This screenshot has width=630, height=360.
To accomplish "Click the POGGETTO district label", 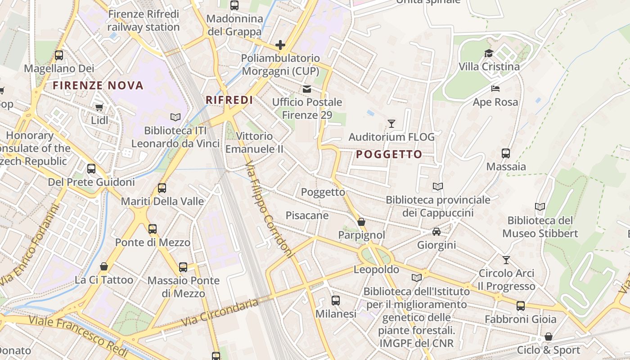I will pyautogui.click(x=389, y=154).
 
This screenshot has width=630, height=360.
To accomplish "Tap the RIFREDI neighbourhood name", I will pyautogui.click(x=229, y=100).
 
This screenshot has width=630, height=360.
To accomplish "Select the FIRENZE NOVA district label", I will pyautogui.click(x=98, y=85).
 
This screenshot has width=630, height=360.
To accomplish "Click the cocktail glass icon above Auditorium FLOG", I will pyautogui.click(x=391, y=123).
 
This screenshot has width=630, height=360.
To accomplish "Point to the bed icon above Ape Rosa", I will pyautogui.click(x=495, y=89).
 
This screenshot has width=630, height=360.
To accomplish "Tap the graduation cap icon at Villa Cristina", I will pyautogui.click(x=489, y=53).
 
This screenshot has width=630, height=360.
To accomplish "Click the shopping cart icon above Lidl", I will pyautogui.click(x=99, y=107).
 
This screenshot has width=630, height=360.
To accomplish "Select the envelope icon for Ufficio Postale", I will pyautogui.click(x=307, y=89).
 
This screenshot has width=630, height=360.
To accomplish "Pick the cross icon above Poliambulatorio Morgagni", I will pyautogui.click(x=280, y=45).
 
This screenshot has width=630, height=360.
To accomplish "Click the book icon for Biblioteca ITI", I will pyautogui.click(x=175, y=117).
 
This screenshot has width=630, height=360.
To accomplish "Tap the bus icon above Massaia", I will pyautogui.click(x=506, y=153).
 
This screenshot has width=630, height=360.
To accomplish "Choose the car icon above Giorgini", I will pyautogui.click(x=436, y=232).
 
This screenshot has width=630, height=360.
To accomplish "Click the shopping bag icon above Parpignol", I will pyautogui.click(x=361, y=222).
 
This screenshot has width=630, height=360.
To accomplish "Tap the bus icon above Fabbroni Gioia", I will pyautogui.click(x=521, y=306).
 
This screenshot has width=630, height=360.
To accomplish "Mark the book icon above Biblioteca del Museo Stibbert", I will pyautogui.click(x=540, y=207).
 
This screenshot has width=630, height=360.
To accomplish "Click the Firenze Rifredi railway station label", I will pyautogui.click(x=144, y=21).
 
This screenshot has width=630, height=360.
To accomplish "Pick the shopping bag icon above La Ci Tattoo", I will pyautogui.click(x=104, y=267).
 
